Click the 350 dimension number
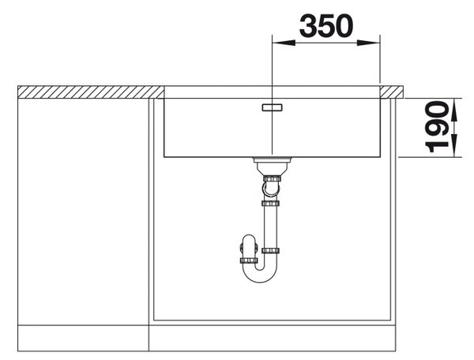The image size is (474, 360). coord(326,26)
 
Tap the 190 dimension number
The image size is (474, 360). coord(437,127)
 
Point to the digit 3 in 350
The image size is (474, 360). coord(308,26)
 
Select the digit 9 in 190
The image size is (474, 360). coord(437,127)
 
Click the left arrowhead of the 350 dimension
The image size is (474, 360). coord(284,43)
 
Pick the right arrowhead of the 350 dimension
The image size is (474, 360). coord(368,43)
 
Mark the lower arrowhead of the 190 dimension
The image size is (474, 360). coord(454,146)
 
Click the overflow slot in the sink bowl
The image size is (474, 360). coord(272,107)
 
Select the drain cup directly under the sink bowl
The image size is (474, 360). coord(272,166)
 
